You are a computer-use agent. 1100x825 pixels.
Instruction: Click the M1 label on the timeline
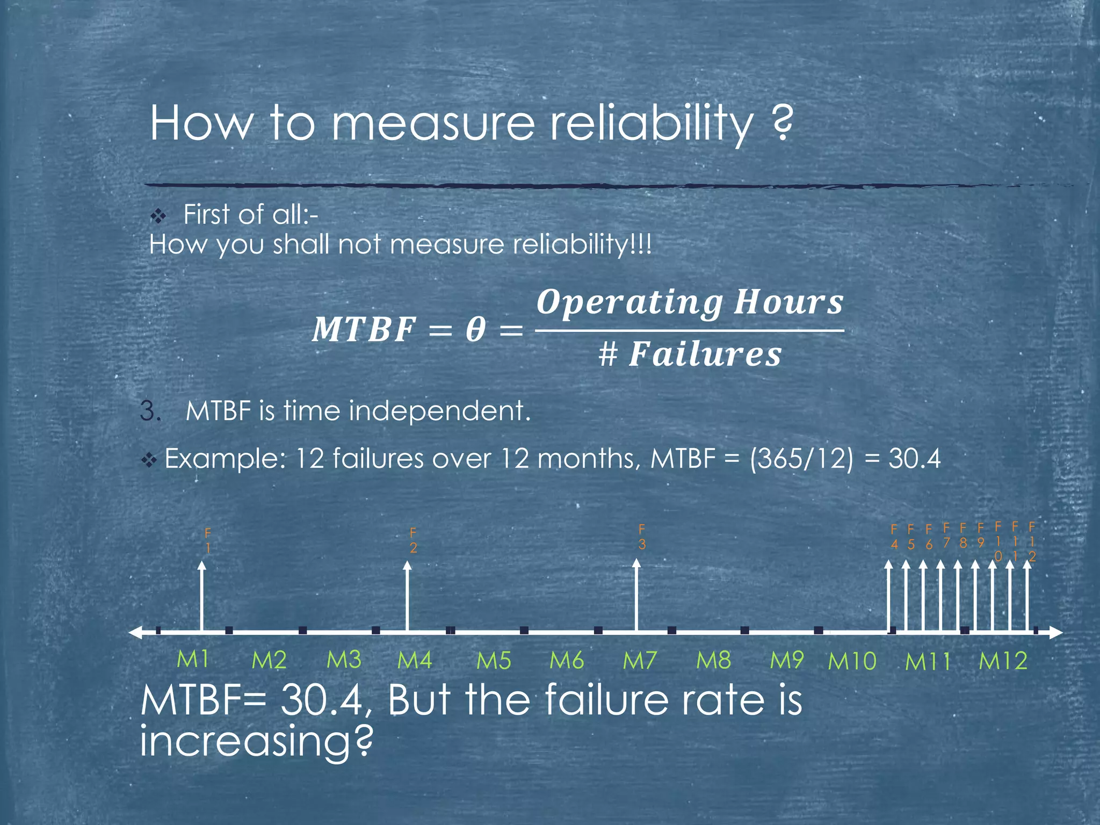point(193,659)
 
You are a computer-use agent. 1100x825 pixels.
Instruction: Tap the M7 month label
point(640,660)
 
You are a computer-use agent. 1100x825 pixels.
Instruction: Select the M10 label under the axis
point(852,661)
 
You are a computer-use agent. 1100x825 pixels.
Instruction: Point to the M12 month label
point(1003,661)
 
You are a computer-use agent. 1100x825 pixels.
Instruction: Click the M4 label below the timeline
point(415,660)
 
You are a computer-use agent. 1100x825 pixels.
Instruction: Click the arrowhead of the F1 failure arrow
point(201,566)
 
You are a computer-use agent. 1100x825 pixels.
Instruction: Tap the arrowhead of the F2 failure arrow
point(408,566)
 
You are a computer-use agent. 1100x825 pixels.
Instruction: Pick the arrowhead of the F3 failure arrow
point(636,563)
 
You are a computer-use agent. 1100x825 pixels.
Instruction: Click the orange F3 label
point(642,537)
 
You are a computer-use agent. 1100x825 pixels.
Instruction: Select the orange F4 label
point(894,537)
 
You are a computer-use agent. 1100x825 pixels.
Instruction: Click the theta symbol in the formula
point(475,329)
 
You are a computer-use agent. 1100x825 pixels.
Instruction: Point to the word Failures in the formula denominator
point(705,354)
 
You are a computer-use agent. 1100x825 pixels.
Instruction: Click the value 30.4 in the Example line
point(914,459)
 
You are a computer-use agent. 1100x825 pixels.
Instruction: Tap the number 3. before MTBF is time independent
point(151,411)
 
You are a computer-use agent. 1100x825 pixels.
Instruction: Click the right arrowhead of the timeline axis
point(1057,632)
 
